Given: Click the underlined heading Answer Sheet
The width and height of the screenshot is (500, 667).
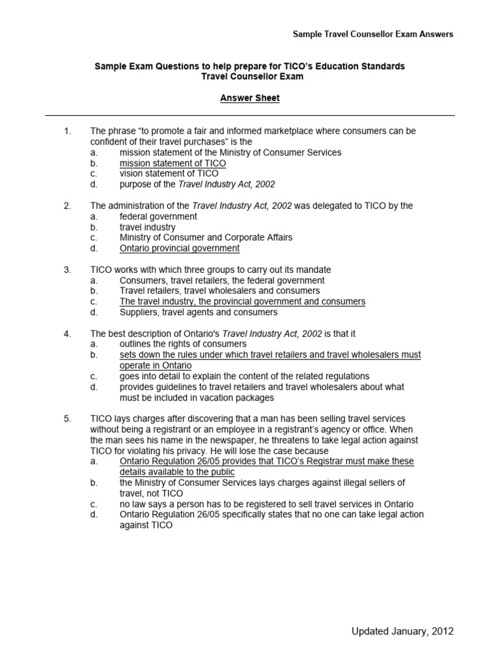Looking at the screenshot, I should [x=249, y=98].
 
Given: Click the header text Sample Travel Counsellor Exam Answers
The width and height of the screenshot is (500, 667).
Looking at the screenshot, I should [x=372, y=33].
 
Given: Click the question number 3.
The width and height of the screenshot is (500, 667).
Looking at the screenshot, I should [x=67, y=270].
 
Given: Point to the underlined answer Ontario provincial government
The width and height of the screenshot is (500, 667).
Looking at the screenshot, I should [x=180, y=248].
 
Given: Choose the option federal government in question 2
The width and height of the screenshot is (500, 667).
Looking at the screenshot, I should [x=158, y=216].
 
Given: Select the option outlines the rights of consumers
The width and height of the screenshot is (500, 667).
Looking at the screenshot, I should [x=183, y=344].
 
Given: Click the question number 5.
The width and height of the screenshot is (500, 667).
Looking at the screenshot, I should [x=67, y=418].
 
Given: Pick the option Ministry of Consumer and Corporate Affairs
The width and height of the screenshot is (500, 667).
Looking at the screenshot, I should [x=206, y=238].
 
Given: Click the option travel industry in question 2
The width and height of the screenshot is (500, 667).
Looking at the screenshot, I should [x=147, y=227].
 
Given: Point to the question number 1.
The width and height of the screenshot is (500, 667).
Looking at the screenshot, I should [x=67, y=131].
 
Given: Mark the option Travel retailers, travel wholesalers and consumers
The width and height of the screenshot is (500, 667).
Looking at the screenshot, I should [x=219, y=291].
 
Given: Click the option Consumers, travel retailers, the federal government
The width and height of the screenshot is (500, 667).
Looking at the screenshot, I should [x=222, y=280].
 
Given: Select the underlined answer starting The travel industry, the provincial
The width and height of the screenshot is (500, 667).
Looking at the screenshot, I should [x=242, y=302].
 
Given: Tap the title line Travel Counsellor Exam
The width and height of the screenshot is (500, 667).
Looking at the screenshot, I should [x=249, y=77].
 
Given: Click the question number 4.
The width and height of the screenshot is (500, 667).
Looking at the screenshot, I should [x=67, y=333].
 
